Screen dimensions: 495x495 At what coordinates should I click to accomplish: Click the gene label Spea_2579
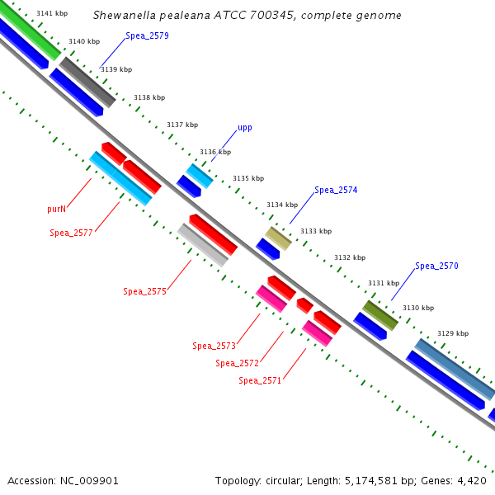tap(148, 36)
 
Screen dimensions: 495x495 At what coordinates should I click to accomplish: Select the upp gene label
tap(245, 128)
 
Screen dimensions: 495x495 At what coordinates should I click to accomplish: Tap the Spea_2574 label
tap(336, 191)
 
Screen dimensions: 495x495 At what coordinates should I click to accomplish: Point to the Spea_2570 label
tap(436, 266)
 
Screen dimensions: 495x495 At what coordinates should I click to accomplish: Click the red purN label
tap(56, 210)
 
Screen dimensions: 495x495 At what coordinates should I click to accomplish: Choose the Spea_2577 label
tap(71, 233)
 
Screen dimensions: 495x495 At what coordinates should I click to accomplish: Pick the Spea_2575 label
tap(145, 292)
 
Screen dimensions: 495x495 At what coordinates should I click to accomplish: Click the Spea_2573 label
tap(214, 346)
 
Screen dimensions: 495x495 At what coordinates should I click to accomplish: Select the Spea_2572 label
tap(238, 363)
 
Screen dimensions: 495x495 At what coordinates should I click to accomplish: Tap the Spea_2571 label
tap(260, 381)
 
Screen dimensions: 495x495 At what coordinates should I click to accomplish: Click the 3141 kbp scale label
tap(52, 14)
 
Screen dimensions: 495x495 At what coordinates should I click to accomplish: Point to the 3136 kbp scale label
tap(215, 152)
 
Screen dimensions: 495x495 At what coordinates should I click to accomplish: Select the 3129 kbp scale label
tap(453, 334)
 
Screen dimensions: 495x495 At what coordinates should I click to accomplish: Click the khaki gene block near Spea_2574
tap(279, 238)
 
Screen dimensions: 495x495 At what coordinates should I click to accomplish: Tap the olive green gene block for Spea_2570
tap(380, 315)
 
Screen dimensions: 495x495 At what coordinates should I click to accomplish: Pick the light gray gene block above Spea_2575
tap(203, 245)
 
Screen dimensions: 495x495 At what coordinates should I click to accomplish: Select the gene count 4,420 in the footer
tap(472, 480)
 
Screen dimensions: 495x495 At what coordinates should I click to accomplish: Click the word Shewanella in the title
tap(122, 16)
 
